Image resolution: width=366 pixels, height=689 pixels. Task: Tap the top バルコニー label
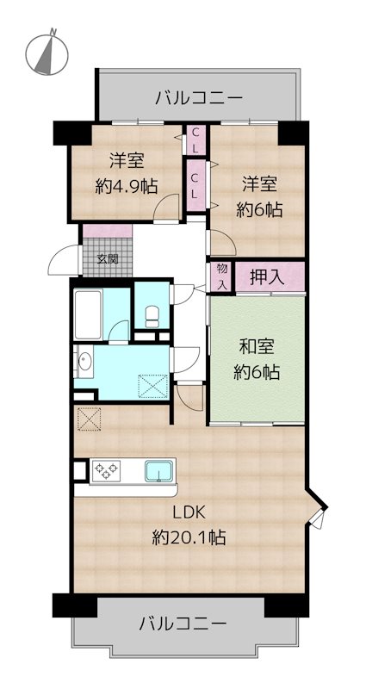click(198, 96)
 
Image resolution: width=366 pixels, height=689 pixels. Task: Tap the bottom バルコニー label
click(183, 622)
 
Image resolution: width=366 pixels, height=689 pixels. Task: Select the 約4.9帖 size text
click(126, 184)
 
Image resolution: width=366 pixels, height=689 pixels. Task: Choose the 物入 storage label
click(221, 276)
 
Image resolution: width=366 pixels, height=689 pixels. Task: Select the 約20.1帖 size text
click(189, 538)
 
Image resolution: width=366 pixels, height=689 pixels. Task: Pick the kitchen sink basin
click(159, 471)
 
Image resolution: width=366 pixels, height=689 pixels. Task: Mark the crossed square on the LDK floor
click(90, 419)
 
